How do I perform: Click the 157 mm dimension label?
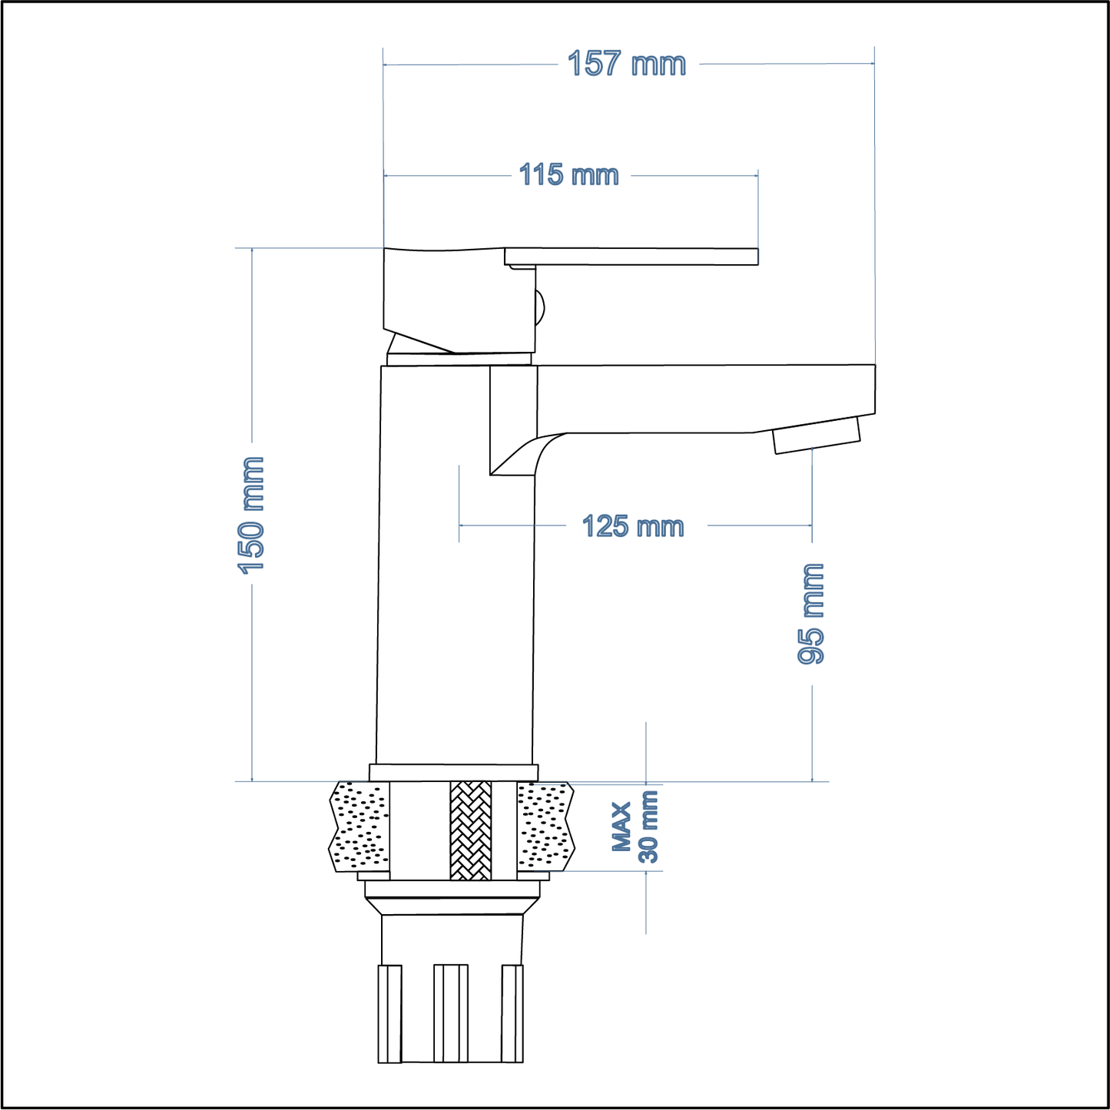point(626,64)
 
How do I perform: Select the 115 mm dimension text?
point(568,175)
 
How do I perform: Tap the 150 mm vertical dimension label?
point(252,515)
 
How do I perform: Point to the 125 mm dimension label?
point(632,527)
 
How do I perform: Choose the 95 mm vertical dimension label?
point(811,614)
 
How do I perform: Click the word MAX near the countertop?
point(622,827)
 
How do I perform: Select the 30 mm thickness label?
point(649,827)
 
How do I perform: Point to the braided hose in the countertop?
point(470,830)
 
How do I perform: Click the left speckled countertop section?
point(360,827)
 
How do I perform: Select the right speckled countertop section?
point(545,827)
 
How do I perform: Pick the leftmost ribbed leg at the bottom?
point(389,1013)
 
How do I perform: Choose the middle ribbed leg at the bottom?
point(451,1013)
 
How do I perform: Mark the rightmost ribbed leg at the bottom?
point(512,1013)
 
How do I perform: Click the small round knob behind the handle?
point(539,307)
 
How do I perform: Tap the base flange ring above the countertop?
point(453,772)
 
